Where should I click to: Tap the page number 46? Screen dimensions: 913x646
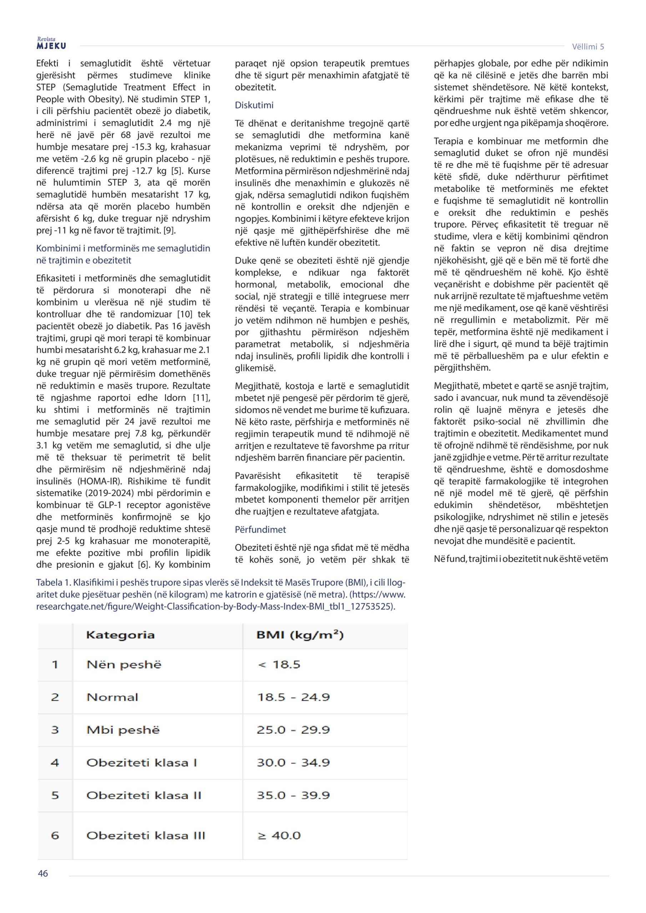click(x=42, y=873)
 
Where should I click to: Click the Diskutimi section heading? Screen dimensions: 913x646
click(x=254, y=105)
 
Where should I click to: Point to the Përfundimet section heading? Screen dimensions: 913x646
click(x=260, y=530)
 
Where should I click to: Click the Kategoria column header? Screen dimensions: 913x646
click(x=120, y=635)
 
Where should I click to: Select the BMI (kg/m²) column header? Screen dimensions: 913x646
click(x=300, y=635)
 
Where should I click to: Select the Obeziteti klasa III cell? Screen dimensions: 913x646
click(x=145, y=836)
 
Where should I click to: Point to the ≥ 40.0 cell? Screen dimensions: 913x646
click(x=279, y=836)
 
